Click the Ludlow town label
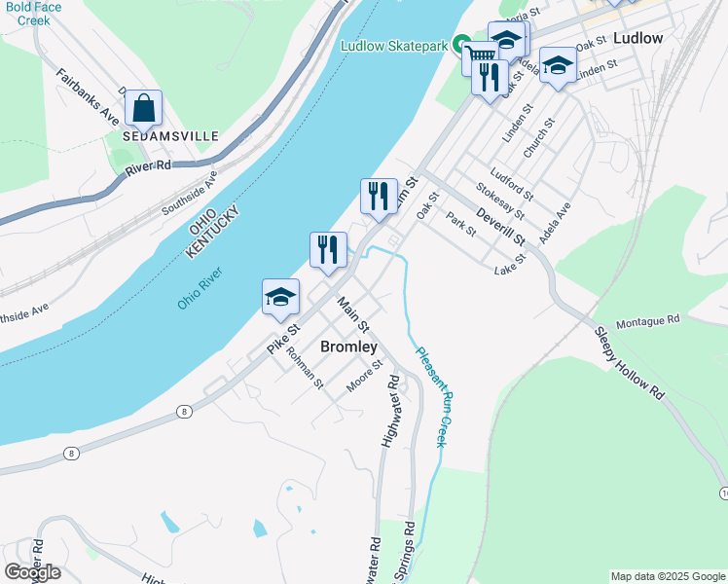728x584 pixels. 638,38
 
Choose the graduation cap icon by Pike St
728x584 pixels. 280,296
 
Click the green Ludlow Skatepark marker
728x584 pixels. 464,46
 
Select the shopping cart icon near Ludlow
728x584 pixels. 479,59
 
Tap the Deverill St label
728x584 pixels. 501,225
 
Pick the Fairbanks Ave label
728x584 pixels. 88,96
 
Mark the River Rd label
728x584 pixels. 148,168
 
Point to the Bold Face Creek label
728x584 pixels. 31,14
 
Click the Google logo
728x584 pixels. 33,571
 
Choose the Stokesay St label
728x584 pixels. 500,201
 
